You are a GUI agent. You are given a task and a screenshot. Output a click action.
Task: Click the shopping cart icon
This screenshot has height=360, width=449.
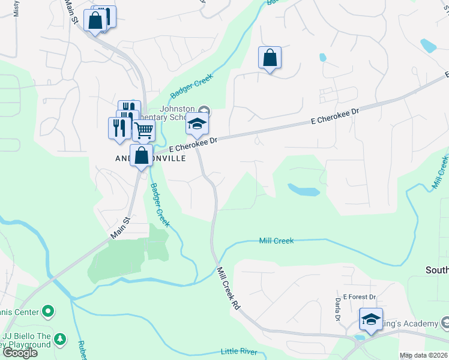point(143,130)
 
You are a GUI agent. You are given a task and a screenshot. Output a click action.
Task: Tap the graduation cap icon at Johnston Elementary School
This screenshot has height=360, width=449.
point(196,124)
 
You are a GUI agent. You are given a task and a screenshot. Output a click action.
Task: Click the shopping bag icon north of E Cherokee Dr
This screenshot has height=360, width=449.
point(270,58)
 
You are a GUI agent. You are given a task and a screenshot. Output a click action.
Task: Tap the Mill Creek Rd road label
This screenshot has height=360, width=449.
point(228,288)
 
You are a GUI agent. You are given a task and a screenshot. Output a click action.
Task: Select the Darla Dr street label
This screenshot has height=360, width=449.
point(338,309)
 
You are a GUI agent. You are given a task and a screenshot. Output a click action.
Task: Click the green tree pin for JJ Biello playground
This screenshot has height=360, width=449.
point(59,340)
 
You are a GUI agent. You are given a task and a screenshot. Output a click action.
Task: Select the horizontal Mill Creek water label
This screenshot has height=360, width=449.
point(276,241)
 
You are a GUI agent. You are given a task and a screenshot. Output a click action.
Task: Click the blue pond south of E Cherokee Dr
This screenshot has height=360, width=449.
point(304,190)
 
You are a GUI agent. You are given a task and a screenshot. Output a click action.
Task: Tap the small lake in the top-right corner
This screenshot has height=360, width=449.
point(428,46)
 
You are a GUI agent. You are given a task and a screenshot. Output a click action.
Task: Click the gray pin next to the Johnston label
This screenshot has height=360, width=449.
point(205,111)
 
